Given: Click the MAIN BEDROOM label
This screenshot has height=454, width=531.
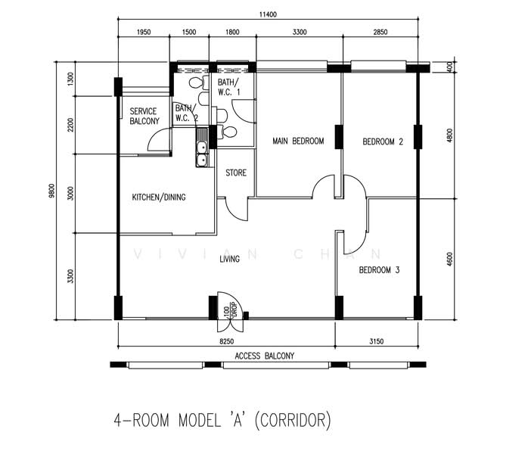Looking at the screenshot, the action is pyautogui.click(x=298, y=141).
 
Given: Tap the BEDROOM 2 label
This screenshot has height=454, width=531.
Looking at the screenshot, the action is pyautogui.click(x=383, y=141).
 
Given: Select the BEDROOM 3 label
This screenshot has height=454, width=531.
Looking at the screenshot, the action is pyautogui.click(x=379, y=270).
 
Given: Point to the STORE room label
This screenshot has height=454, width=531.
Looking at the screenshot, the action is pyautogui.click(x=236, y=173).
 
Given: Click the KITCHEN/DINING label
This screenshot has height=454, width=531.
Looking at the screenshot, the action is pyautogui.click(x=159, y=197).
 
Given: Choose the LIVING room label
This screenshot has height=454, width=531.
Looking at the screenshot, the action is pyautogui.click(x=230, y=260).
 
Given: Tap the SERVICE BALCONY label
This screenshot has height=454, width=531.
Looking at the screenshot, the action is pyautogui.click(x=144, y=117).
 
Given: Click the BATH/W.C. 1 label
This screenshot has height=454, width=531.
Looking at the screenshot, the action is pyautogui.click(x=228, y=87).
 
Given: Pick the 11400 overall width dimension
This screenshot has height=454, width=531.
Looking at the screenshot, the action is pyautogui.click(x=268, y=14).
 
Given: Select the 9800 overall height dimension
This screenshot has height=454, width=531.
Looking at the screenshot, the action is pyautogui.click(x=51, y=191).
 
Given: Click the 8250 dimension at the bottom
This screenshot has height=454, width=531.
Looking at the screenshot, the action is pyautogui.click(x=227, y=341).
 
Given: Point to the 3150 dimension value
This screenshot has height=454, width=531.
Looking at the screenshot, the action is pyautogui.click(x=376, y=341).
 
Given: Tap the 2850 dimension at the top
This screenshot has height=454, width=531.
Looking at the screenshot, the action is pyautogui.click(x=380, y=33).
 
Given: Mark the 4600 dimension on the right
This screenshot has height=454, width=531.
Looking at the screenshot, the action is pyautogui.click(x=450, y=260).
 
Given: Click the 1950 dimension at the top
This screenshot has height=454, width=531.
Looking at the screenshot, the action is pyautogui.click(x=144, y=33).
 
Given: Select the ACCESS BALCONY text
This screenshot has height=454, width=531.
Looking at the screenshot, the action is pyautogui.click(x=265, y=356).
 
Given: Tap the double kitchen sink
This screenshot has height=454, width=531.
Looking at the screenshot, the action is pyautogui.click(x=202, y=148).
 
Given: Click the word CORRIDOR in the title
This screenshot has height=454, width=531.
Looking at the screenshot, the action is pyautogui.click(x=293, y=421).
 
